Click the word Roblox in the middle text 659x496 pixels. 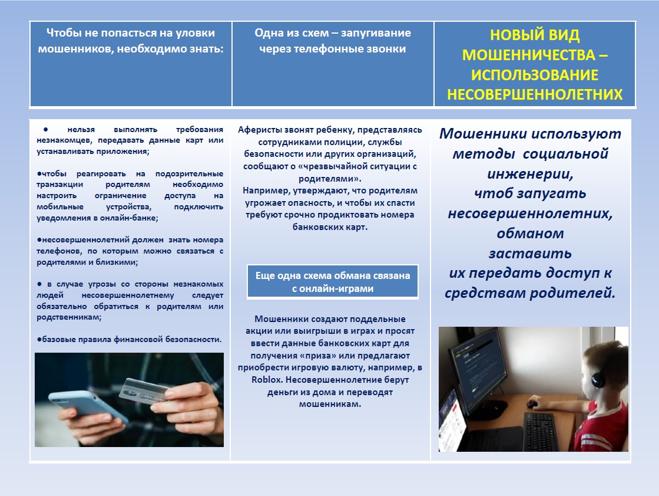click(267, 380)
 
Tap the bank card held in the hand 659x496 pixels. click(145, 391)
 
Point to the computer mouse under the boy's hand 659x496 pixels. click(532, 405)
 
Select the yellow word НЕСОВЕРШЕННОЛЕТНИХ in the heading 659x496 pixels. click(535, 94)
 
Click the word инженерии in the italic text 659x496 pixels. click(530, 174)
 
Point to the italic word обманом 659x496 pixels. click(530, 234)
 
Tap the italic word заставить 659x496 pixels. click(530, 254)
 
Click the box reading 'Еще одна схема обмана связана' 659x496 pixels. click(332, 282)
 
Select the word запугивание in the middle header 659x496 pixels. click(376, 33)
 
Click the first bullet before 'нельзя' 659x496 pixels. click(45, 130)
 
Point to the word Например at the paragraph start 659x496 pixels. click(261, 190)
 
